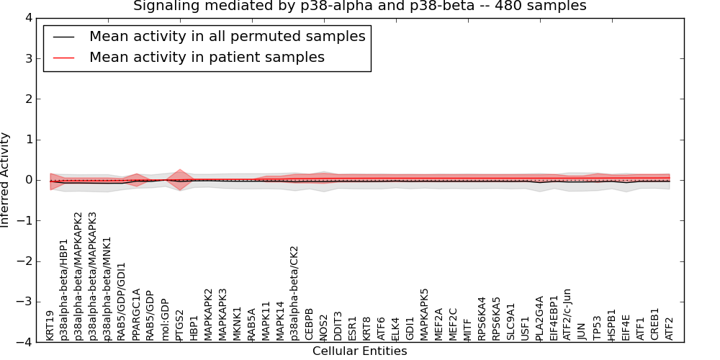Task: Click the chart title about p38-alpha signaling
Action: pos(359,6)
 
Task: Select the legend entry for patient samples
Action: pos(207,57)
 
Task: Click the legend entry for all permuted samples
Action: pos(227,36)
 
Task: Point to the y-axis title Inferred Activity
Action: pos(6,180)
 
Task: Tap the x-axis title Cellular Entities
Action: pos(359,351)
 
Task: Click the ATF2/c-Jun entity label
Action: pos(567,313)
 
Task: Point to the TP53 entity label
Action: pos(597,327)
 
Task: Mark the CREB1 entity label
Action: pos(654,324)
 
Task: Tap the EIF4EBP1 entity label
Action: pos(554,317)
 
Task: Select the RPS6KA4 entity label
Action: pos(482,318)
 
